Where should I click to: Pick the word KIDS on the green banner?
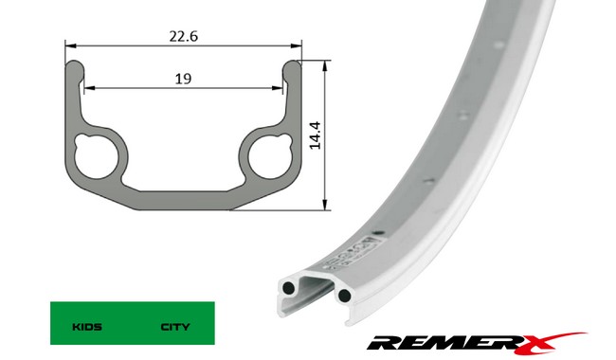(87, 327)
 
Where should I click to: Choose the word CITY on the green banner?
(175, 327)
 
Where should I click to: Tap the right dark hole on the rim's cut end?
(343, 297)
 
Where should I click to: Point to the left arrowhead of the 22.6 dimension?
(69, 45)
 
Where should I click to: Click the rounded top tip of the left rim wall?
(75, 68)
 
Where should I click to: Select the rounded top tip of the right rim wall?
(292, 68)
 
